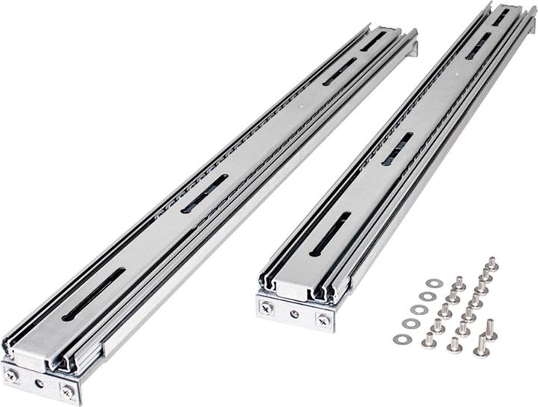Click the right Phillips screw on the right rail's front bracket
pos(323,319)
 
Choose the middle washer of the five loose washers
pos(418,310)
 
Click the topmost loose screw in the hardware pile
pos(492,263)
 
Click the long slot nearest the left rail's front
pos(93,293)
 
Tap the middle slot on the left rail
pos(205,193)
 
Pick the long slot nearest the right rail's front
pos(330,234)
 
